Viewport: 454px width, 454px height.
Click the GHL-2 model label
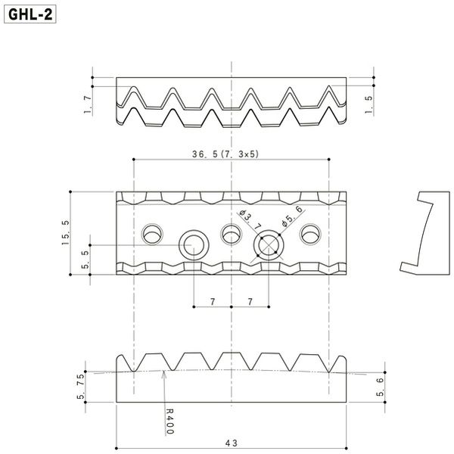pyautogui.click(x=30, y=14)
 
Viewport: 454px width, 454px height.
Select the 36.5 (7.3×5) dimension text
pyautogui.click(x=225, y=154)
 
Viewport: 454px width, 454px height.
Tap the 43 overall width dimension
pyautogui.click(x=231, y=443)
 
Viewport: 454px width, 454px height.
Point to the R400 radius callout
pyautogui.click(x=170, y=421)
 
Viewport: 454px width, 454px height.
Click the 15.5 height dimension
pyautogui.click(x=66, y=232)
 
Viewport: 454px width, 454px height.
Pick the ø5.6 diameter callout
pyautogui.click(x=292, y=216)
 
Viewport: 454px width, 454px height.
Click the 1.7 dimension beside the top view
pyautogui.click(x=88, y=104)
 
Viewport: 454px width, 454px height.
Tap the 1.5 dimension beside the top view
pyautogui.click(x=368, y=104)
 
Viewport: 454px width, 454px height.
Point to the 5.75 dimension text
pyautogui.click(x=81, y=386)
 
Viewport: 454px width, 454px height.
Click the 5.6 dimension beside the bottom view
pyautogui.click(x=380, y=387)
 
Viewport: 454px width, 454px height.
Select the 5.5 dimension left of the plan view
pyautogui.click(x=86, y=260)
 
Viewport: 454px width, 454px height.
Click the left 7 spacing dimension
pyautogui.click(x=213, y=302)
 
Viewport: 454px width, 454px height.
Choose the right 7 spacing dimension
pyautogui.click(x=250, y=302)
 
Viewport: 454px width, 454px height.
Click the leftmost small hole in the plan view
pyautogui.click(x=152, y=234)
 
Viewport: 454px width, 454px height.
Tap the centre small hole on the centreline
pyautogui.click(x=231, y=234)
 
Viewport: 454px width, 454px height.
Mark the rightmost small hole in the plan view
pyautogui.click(x=310, y=234)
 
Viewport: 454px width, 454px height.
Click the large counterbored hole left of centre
pyautogui.click(x=194, y=245)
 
